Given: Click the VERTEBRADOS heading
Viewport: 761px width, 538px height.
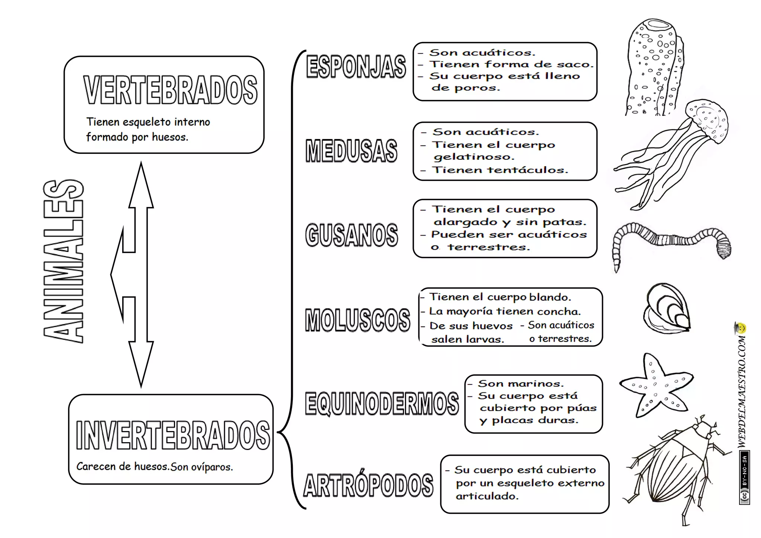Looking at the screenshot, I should [x=170, y=90].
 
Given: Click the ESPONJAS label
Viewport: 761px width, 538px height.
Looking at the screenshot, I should [x=356, y=67].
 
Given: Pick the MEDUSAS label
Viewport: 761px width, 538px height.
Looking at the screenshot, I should [x=351, y=151].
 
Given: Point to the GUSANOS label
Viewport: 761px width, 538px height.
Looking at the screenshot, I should [x=352, y=235].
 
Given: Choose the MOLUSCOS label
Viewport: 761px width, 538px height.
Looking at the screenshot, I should [x=357, y=320].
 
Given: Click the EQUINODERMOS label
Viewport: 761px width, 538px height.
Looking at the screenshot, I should [x=382, y=403].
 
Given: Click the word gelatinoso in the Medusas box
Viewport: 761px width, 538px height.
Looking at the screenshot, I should [x=474, y=157].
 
